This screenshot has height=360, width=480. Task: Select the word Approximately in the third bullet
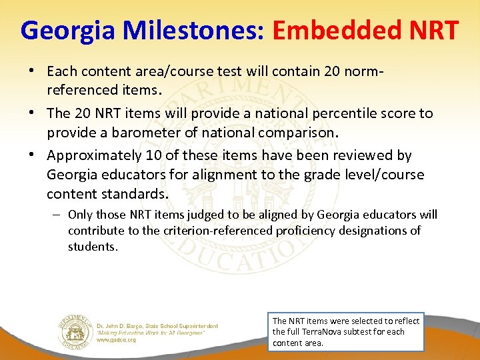point(91,155)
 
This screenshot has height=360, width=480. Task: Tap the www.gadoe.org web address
point(116,339)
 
